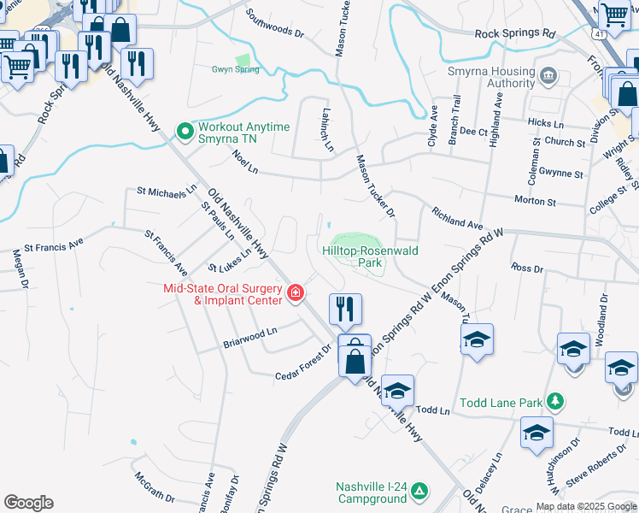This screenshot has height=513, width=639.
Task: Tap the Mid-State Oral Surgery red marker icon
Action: [x=296, y=293]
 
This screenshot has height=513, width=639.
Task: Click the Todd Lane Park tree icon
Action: [x=556, y=401]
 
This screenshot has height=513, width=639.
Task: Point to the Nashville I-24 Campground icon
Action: [x=419, y=491]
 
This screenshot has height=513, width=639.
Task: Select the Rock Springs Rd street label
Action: [x=515, y=33]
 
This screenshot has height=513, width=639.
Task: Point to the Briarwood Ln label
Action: [x=250, y=337]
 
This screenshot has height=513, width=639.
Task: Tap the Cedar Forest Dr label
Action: [x=303, y=363]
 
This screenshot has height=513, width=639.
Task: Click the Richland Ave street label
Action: [x=457, y=217]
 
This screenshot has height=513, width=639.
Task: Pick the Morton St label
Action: [x=535, y=202]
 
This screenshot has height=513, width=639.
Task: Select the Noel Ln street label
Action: [x=245, y=161]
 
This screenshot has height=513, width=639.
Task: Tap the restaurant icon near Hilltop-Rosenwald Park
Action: [x=346, y=308]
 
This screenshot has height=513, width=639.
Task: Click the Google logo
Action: [x=28, y=503]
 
